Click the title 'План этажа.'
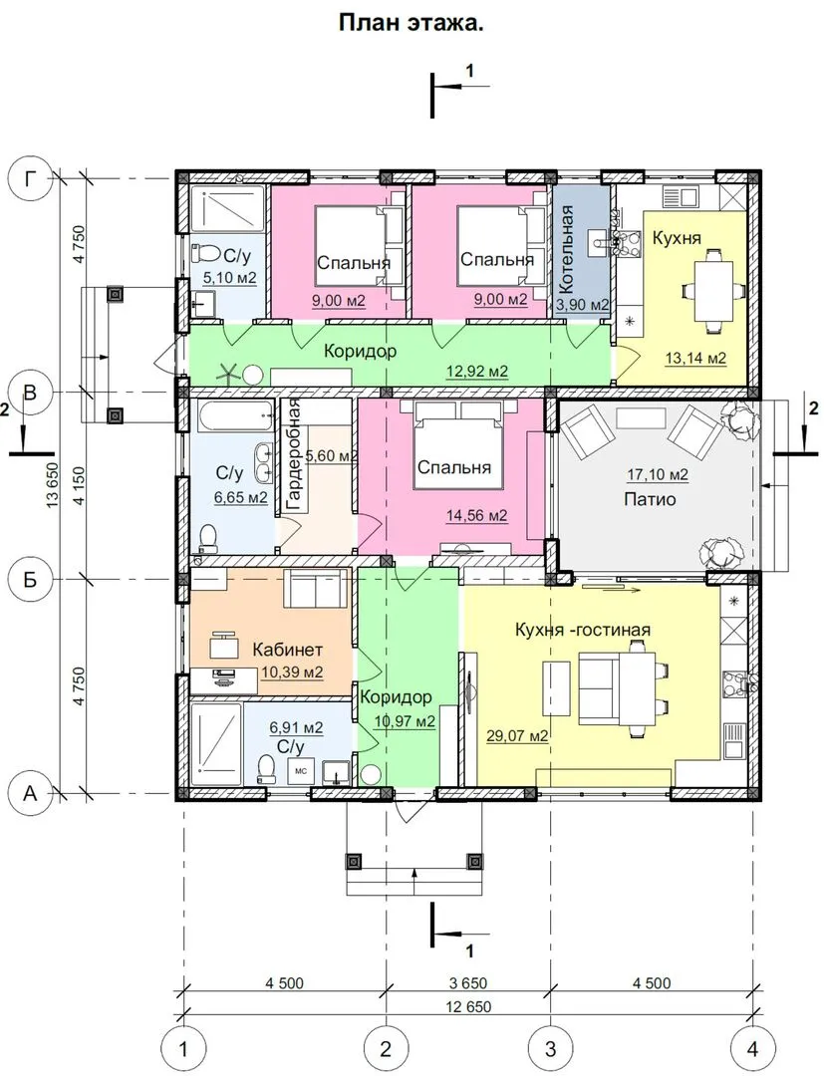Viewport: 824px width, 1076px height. [x=412, y=24]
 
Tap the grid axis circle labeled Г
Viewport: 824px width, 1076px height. [x=30, y=179]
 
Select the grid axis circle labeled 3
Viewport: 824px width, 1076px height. [x=550, y=1048]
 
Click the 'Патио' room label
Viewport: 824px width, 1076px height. [x=650, y=499]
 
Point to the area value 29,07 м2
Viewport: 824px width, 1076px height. [x=517, y=736]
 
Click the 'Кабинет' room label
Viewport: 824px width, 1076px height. [x=288, y=649]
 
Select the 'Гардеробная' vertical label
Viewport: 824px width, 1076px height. [x=294, y=455]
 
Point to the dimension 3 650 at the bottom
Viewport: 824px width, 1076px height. [x=468, y=983]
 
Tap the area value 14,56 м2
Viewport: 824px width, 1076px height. [x=477, y=515]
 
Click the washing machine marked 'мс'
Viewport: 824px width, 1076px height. [x=301, y=771]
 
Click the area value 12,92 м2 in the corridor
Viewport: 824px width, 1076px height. [x=477, y=372]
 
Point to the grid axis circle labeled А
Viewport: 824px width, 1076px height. [x=30, y=794]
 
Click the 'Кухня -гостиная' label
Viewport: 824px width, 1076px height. [x=583, y=630]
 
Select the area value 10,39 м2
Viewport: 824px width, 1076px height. [x=292, y=672]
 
